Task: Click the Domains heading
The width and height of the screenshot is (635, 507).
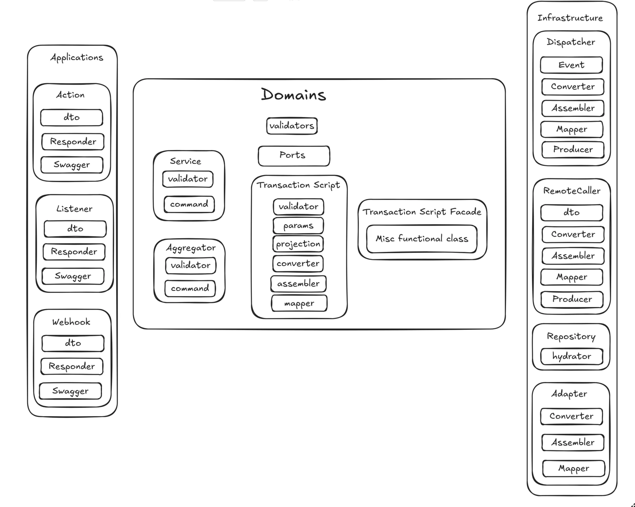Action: [x=293, y=95]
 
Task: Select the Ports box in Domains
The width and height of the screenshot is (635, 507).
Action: [x=294, y=156]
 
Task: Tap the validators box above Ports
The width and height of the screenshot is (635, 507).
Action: [x=292, y=126]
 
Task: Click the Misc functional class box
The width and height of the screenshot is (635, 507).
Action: [x=422, y=239]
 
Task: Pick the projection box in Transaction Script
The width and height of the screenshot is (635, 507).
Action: [x=298, y=244]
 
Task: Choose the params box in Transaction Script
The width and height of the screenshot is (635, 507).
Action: [x=298, y=226]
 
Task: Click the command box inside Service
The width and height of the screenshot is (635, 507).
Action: [x=189, y=204]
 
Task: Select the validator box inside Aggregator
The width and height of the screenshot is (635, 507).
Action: [x=191, y=265]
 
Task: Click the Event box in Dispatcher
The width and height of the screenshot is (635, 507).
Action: [x=571, y=65]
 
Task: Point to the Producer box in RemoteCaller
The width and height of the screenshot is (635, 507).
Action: [x=572, y=299]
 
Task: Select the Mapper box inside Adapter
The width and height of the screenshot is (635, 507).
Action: [x=573, y=468]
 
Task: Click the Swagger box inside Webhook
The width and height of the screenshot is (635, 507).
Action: [x=70, y=391]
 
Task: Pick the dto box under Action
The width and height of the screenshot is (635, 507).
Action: [x=72, y=117]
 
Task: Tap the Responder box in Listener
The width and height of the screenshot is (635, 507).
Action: [x=74, y=252]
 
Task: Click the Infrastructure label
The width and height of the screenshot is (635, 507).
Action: [x=570, y=18]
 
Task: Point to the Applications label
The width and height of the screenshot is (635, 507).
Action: [x=77, y=57]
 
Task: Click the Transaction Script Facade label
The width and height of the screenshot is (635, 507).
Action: [x=422, y=212]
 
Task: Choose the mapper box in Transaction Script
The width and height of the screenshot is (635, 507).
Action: [x=299, y=303]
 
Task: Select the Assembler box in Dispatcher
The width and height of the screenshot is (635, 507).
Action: [x=573, y=108]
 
